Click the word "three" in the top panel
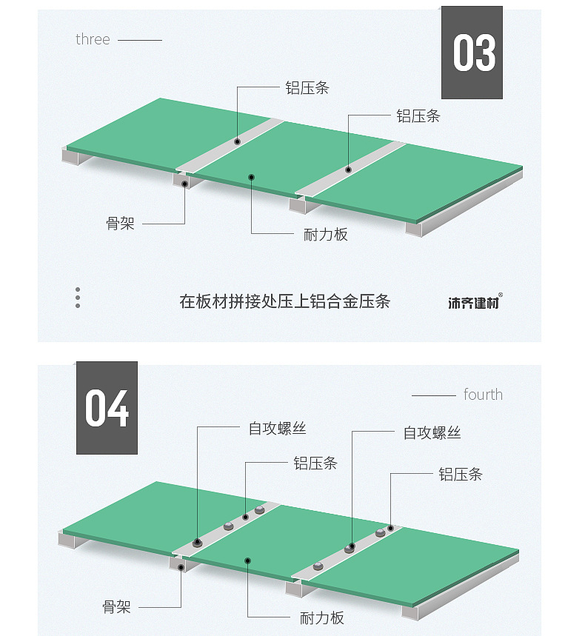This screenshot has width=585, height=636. click(93, 39)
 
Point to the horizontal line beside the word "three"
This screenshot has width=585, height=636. click(139, 40)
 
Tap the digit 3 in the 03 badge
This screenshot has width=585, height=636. click(485, 53)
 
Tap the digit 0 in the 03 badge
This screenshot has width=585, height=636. click(463, 53)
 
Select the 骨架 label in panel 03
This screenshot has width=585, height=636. click(120, 223)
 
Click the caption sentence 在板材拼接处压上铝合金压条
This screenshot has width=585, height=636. click(284, 301)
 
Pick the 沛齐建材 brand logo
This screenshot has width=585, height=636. click(473, 302)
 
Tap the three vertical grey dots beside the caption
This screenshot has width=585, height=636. click(78, 298)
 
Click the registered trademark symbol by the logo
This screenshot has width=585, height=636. click(501, 295)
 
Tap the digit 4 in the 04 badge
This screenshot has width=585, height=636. click(118, 409)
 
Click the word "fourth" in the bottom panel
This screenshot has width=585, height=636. click(483, 395)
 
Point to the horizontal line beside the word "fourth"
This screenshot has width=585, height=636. click(433, 395)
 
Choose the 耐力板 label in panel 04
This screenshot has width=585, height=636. click(322, 618)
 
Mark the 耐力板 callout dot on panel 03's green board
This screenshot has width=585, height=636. click(252, 177)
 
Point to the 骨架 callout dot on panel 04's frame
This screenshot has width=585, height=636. click(181, 568)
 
